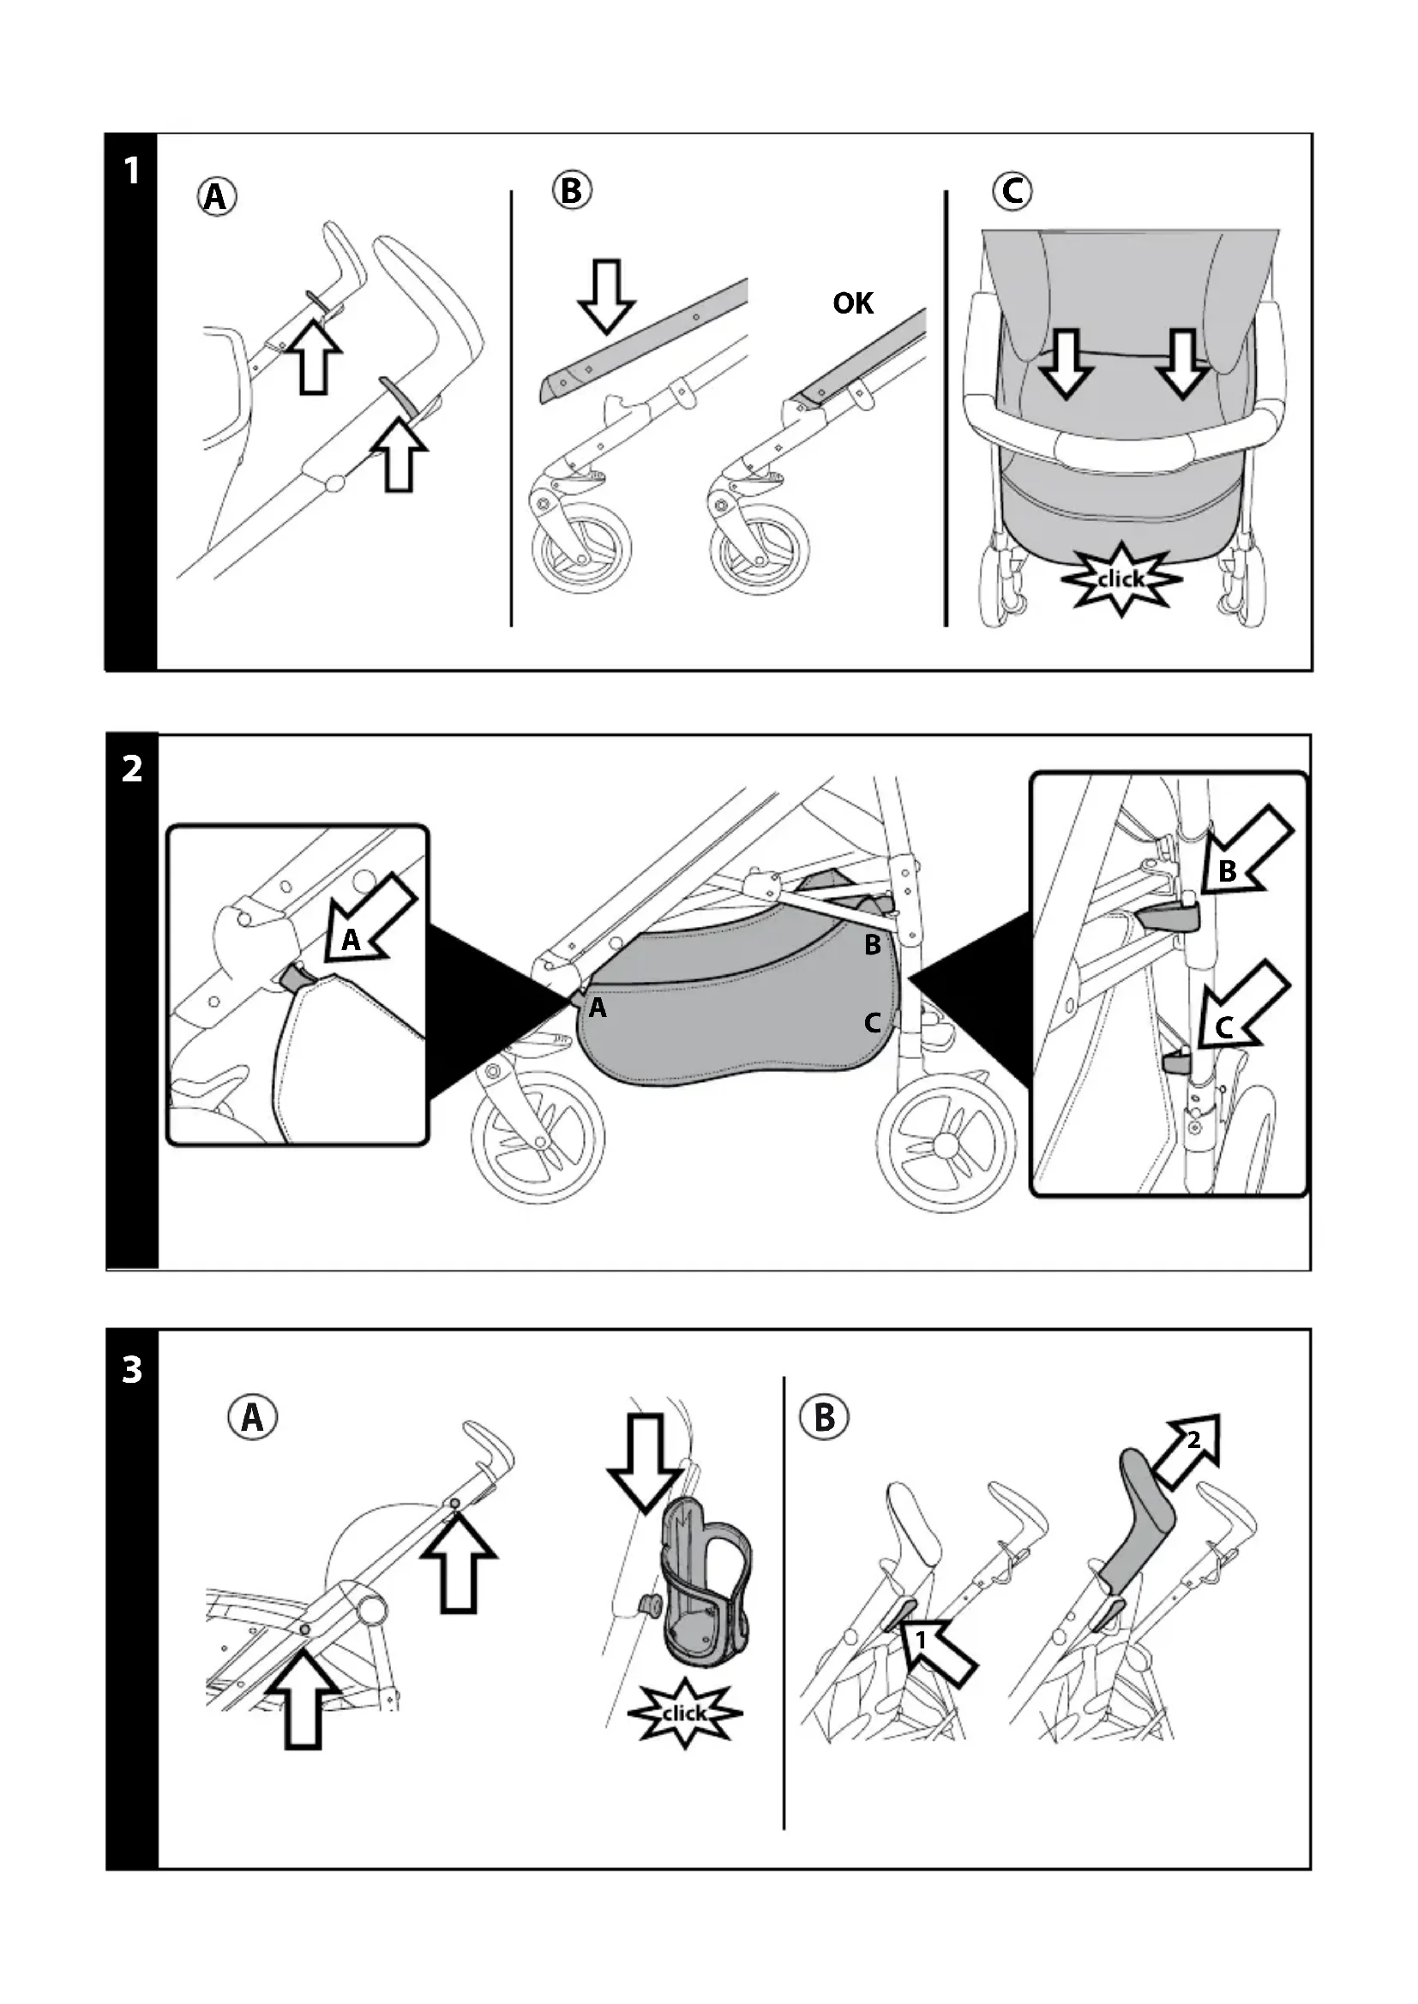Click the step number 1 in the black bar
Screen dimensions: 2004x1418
[132, 171]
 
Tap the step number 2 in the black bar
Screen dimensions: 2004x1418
[132, 769]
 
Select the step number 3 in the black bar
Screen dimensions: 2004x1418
[132, 1368]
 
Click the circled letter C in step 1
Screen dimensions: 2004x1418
[1012, 190]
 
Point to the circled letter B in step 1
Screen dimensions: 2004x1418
[572, 190]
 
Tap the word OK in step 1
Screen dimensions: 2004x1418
[852, 304]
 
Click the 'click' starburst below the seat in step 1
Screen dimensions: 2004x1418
[1121, 578]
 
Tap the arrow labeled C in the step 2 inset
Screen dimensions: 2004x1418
[1238, 1013]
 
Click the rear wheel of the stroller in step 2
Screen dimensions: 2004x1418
[946, 1144]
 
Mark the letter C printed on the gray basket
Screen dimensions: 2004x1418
[871, 1022]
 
